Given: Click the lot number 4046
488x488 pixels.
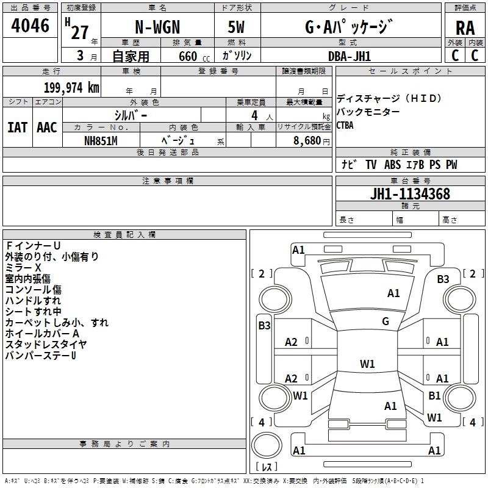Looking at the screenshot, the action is click(x=30, y=26).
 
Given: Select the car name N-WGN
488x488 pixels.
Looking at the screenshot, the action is click(x=157, y=27).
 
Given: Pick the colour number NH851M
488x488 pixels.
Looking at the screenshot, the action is click(x=101, y=140).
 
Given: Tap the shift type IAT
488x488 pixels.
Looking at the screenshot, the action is click(x=17, y=127).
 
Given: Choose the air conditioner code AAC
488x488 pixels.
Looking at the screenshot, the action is click(x=46, y=127).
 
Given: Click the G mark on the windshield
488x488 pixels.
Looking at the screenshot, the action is click(x=385, y=321).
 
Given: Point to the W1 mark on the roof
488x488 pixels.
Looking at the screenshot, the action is click(x=367, y=364).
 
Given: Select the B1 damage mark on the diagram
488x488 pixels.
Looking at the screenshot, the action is click(x=434, y=396).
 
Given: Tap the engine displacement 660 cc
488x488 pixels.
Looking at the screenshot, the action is click(x=187, y=56).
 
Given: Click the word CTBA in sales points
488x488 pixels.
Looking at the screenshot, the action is click(x=345, y=125).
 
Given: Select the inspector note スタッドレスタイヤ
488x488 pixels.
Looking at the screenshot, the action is click(x=46, y=345).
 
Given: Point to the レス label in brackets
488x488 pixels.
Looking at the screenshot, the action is click(x=267, y=467).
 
